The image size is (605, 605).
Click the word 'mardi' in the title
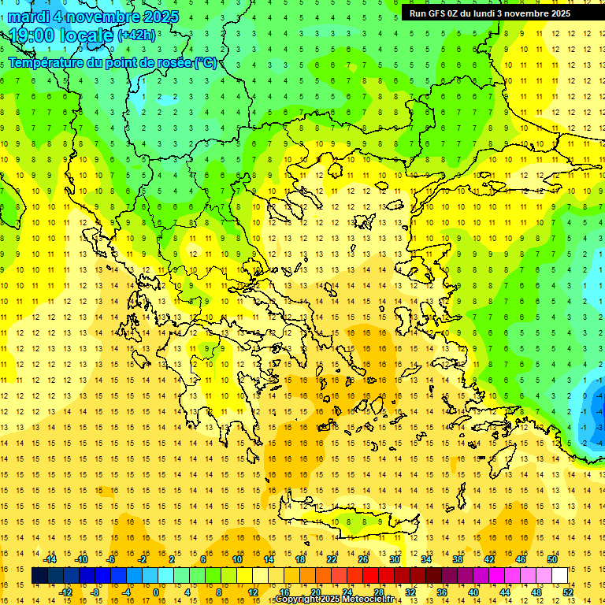click(32, 17)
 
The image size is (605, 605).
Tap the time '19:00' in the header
click(32, 35)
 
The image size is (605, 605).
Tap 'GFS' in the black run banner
click(439, 13)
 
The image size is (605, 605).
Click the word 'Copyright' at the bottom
click(303, 599)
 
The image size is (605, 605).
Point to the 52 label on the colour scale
click(568, 592)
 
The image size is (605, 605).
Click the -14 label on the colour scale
click(50, 559)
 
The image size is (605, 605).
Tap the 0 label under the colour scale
click(155, 592)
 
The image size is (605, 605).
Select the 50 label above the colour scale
click(552, 559)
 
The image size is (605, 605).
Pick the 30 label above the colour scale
click(394, 559)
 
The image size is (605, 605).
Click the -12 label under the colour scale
click(66, 592)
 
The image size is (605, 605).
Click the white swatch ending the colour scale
click(559, 576)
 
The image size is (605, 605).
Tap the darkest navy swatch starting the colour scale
click(40, 576)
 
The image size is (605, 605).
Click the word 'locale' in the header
click(84, 35)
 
